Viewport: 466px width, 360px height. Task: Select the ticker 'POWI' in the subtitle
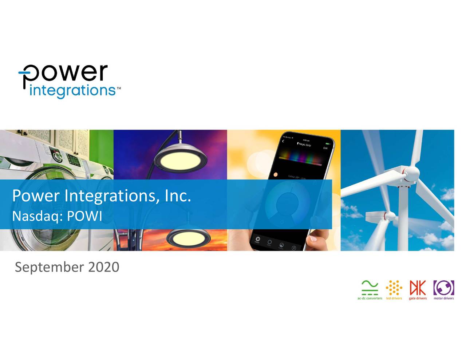coord(84,216)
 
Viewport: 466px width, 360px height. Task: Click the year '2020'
coord(104,267)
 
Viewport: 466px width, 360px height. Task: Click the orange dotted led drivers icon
coord(394,288)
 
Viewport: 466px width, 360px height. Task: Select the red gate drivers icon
coord(418,288)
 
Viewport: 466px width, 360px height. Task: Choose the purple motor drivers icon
coord(443,288)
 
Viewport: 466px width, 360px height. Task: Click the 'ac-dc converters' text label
coord(370,298)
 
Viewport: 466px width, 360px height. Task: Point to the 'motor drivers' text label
coord(443,298)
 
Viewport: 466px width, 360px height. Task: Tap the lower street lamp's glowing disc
coord(189,239)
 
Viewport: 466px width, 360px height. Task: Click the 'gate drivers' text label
coord(418,298)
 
